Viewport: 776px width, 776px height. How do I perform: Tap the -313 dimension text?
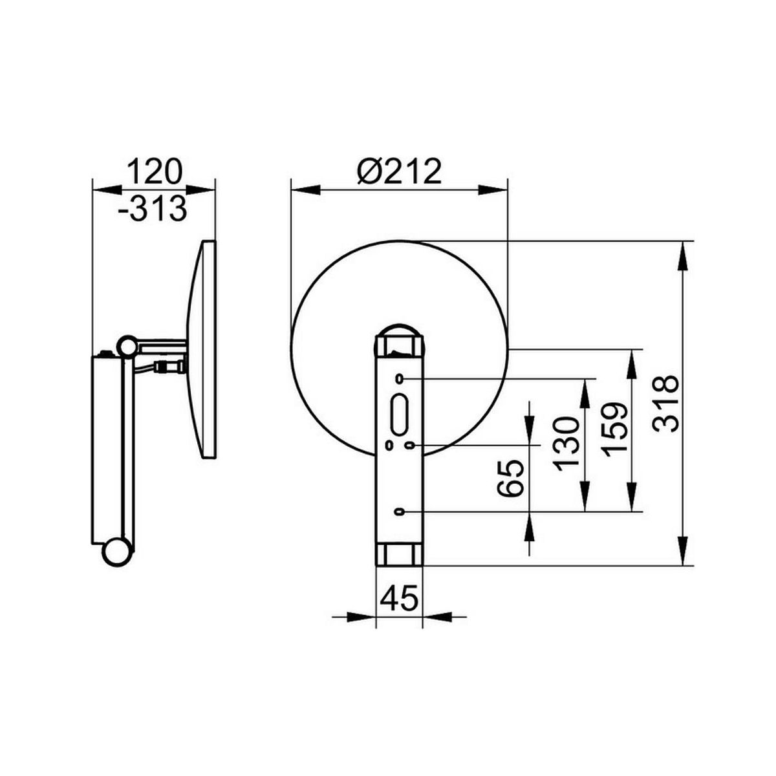[x=153, y=208]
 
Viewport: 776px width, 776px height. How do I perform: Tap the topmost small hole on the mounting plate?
[x=400, y=378]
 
